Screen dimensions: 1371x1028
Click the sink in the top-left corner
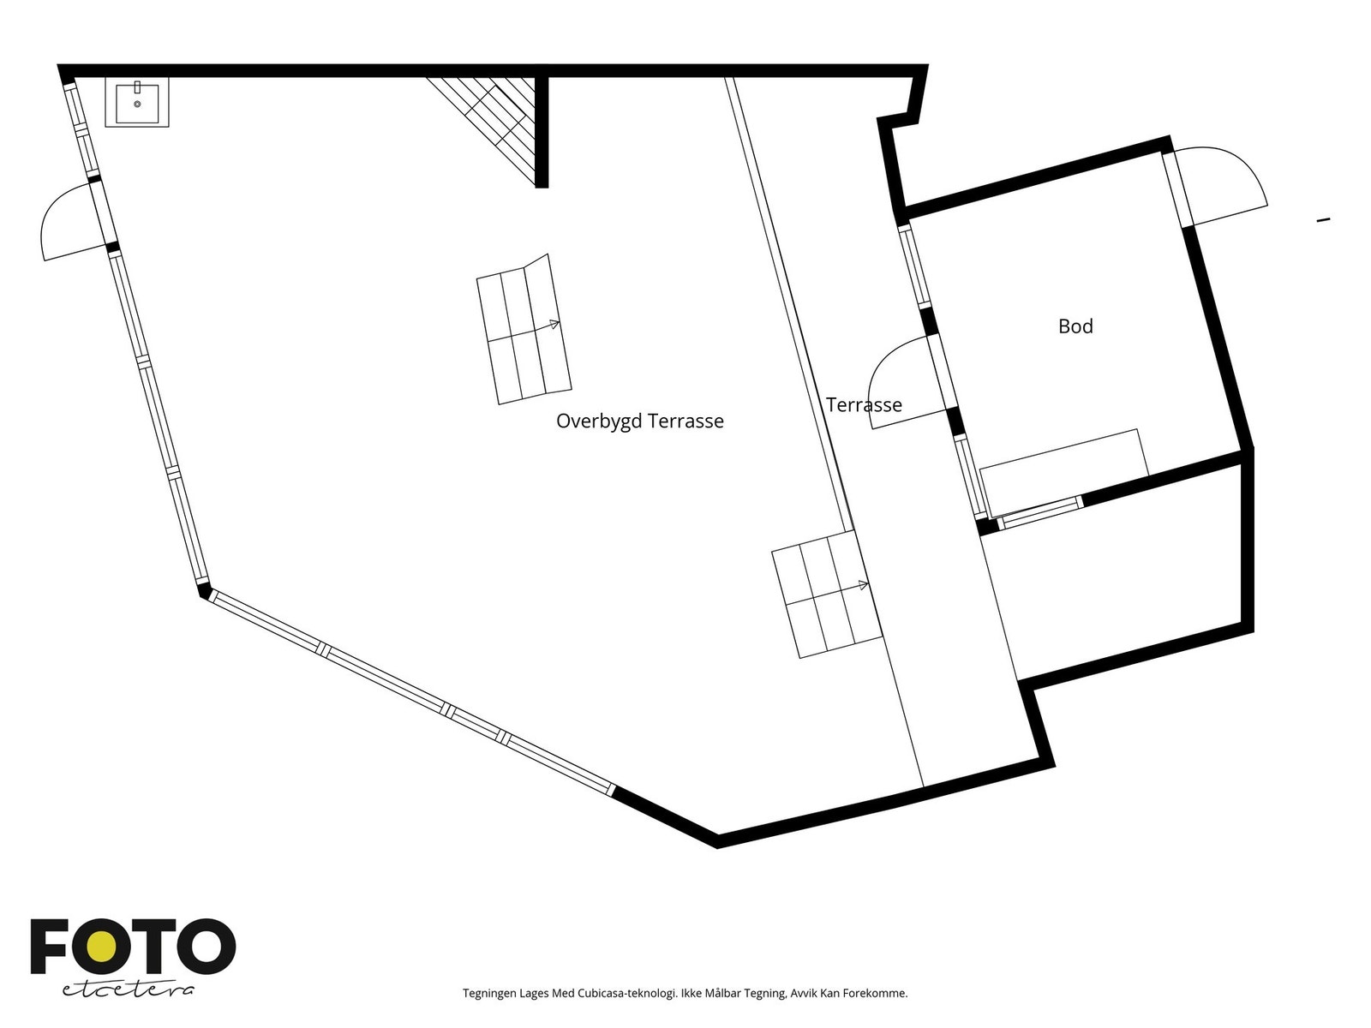pos(137,102)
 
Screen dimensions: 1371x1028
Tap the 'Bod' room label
pos(1075,326)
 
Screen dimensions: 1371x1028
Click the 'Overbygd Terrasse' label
pos(639,421)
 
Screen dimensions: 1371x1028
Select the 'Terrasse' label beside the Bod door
pos(864,405)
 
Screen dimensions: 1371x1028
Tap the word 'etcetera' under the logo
pos(128,990)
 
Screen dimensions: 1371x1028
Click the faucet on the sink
pos(137,87)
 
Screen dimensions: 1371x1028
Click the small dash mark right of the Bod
pos(1323,219)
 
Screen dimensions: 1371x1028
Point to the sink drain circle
pos(137,105)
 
